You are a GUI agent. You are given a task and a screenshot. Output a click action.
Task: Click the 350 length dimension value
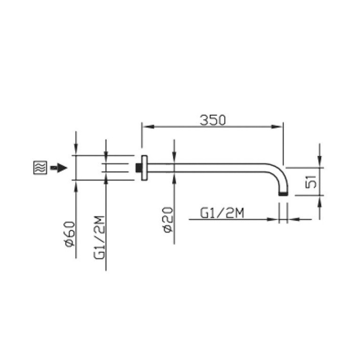213,120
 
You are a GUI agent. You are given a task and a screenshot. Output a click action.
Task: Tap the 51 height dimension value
311,182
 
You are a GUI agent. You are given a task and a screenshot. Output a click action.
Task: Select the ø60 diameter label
70,234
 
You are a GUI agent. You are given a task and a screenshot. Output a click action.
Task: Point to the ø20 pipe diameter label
169,220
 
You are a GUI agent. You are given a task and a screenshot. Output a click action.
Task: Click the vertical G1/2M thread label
100,237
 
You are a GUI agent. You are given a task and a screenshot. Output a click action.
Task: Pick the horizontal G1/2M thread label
222,213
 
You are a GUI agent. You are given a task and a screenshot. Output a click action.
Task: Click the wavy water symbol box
40,168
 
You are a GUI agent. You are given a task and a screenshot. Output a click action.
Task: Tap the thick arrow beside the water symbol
59,168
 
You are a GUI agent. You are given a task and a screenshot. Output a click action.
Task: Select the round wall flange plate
144,168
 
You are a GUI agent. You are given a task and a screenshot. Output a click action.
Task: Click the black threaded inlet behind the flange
138,168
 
